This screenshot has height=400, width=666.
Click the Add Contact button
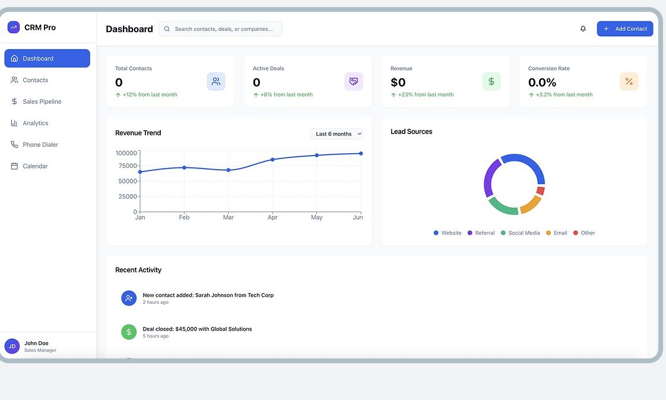coord(625,29)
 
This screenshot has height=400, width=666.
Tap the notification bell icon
coord(583,29)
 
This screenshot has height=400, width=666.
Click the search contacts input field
coord(220,29)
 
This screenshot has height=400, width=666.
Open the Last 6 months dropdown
coord(337,134)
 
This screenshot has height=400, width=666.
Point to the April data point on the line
coord(272,160)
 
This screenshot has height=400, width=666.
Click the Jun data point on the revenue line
coord(361,154)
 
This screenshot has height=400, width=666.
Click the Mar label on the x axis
coord(229,217)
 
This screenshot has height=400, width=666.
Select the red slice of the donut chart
coord(541,191)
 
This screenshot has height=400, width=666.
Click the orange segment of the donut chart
coord(531,205)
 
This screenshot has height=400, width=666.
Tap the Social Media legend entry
coord(521,233)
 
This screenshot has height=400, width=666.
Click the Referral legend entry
coord(481,233)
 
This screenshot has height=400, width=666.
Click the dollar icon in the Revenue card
coord(491,81)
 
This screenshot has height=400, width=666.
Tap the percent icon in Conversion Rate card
coord(629,81)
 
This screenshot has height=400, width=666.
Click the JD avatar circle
coord(12,346)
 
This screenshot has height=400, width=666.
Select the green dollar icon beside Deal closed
coord(129,332)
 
